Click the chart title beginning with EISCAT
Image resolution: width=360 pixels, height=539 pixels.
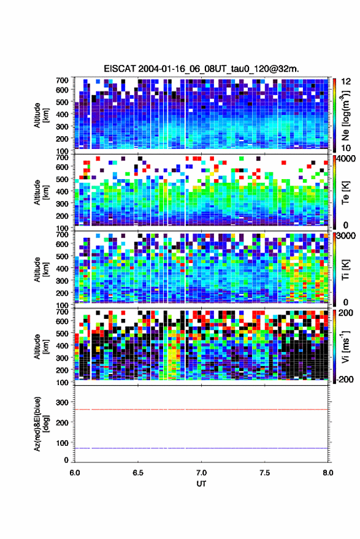(202, 69)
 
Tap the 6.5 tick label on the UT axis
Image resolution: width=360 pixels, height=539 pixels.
(138, 473)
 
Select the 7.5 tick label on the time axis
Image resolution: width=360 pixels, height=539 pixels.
(264, 473)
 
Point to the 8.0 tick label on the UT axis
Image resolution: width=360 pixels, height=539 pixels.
(327, 473)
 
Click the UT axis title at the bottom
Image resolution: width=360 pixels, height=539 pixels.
(201, 484)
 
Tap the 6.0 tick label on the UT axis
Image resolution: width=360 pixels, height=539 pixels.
(75, 473)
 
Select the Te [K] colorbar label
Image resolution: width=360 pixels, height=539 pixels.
(345, 193)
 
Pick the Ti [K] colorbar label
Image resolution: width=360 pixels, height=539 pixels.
(345, 270)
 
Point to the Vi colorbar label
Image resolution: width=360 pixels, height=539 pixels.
(345, 346)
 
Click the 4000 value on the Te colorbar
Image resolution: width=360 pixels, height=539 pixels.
(346, 159)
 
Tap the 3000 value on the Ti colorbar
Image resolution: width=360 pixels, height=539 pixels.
(346, 236)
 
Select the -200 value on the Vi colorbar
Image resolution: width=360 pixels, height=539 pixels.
(345, 379)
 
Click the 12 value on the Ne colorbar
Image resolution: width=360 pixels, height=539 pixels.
(346, 82)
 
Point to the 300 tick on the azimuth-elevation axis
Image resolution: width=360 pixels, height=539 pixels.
(62, 402)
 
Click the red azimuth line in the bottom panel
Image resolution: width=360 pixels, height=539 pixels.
(201, 410)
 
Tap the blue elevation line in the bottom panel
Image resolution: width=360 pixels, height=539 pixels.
(201, 448)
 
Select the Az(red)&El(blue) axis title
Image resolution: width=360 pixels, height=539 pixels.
(41, 424)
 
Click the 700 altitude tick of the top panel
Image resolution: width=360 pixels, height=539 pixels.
(62, 80)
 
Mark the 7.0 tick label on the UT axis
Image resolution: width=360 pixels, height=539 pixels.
(201, 473)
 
